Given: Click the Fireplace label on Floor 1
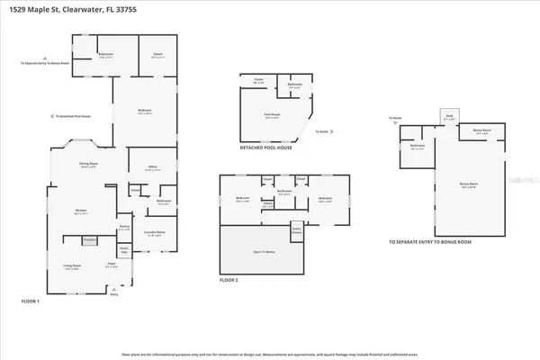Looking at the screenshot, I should tap(89, 240).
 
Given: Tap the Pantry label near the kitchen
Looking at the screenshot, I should tap(124, 229).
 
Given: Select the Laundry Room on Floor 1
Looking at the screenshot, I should tap(155, 233).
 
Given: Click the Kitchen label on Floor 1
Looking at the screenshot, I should tap(80, 211).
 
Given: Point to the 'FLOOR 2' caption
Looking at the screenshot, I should tap(230, 280).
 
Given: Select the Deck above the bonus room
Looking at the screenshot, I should tap(450, 116).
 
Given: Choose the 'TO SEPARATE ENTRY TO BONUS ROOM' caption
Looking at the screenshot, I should tap(429, 242).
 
